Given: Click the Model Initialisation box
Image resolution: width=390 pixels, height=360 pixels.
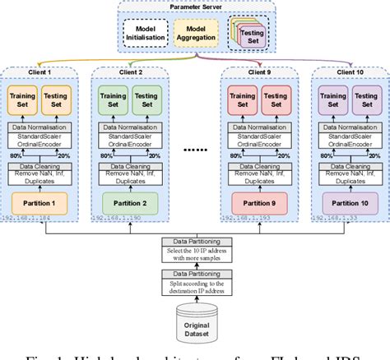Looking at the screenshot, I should point(146,32).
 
